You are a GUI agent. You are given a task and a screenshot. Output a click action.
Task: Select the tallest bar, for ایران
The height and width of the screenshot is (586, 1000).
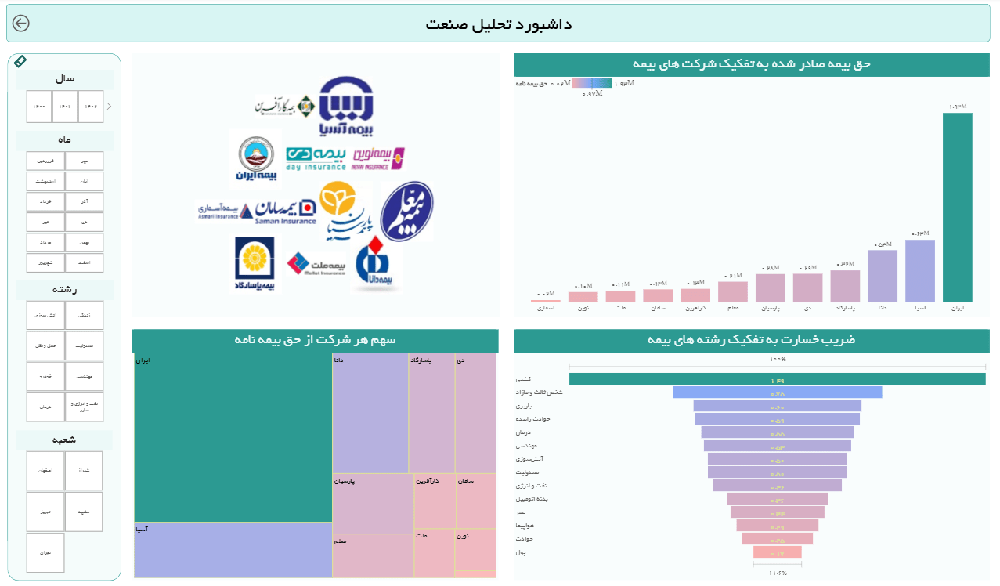957,208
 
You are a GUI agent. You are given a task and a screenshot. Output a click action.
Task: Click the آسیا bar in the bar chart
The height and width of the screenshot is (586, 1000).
919,270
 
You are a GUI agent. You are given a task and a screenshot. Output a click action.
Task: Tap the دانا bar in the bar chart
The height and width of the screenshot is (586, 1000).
882,276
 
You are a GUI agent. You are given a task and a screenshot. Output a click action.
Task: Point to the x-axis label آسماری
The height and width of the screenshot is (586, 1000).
545,309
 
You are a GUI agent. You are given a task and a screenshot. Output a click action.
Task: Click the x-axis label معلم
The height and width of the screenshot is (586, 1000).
732,309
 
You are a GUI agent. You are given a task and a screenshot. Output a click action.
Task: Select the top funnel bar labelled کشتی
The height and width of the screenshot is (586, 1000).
777,379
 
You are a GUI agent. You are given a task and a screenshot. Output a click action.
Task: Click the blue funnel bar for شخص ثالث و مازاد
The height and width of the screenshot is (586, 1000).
777,392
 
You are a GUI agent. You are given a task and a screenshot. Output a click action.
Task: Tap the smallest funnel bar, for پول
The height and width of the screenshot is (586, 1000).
777,552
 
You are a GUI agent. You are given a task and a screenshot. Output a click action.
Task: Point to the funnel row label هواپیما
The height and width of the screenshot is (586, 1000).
525,526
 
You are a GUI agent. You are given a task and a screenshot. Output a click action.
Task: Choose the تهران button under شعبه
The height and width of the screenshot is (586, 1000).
45,552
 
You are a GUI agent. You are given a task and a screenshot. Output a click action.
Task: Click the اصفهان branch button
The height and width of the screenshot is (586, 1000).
45,471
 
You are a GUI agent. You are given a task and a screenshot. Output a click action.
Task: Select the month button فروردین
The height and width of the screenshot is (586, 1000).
45,161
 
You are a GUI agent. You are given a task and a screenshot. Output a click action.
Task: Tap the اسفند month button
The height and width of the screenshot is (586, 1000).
85,262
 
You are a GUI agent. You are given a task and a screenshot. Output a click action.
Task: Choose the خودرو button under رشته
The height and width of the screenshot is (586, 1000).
45,377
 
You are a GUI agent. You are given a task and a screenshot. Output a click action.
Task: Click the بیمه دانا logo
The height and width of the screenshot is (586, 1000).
378,266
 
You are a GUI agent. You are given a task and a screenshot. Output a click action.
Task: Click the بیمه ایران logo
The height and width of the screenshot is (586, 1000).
255,160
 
